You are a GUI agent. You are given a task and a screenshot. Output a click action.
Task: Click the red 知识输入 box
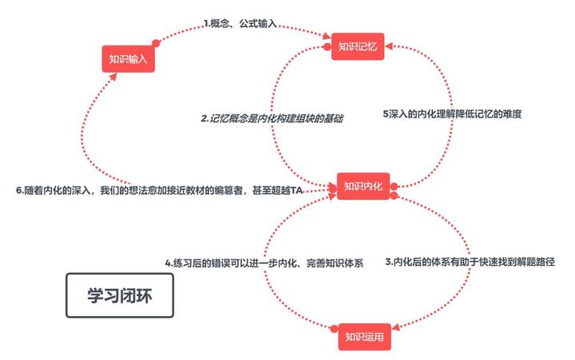tap(128, 59)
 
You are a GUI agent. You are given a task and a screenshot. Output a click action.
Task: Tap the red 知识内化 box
tap(363, 186)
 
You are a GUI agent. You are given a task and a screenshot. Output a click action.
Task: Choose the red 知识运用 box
tap(364, 336)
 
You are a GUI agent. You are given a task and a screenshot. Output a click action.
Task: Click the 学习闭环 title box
tap(118, 295)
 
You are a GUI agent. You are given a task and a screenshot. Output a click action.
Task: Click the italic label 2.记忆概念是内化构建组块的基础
tap(272, 118)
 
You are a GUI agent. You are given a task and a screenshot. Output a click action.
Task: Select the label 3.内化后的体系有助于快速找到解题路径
tap(470, 261)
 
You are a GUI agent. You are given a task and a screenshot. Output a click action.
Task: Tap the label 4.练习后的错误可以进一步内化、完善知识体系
tap(264, 262)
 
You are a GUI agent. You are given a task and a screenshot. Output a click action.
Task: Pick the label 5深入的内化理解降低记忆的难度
tap(453, 114)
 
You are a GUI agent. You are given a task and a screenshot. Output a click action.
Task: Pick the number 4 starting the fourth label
tap(169, 262)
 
